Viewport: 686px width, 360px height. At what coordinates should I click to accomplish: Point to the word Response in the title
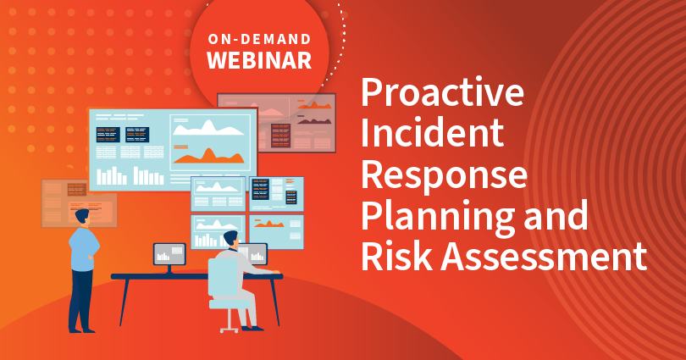click(445, 175)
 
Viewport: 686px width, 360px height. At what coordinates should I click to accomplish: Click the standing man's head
click(81, 217)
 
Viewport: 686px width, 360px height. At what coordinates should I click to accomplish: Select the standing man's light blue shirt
click(83, 250)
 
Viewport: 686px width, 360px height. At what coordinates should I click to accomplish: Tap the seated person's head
click(231, 240)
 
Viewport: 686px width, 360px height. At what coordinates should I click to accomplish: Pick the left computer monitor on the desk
click(169, 253)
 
